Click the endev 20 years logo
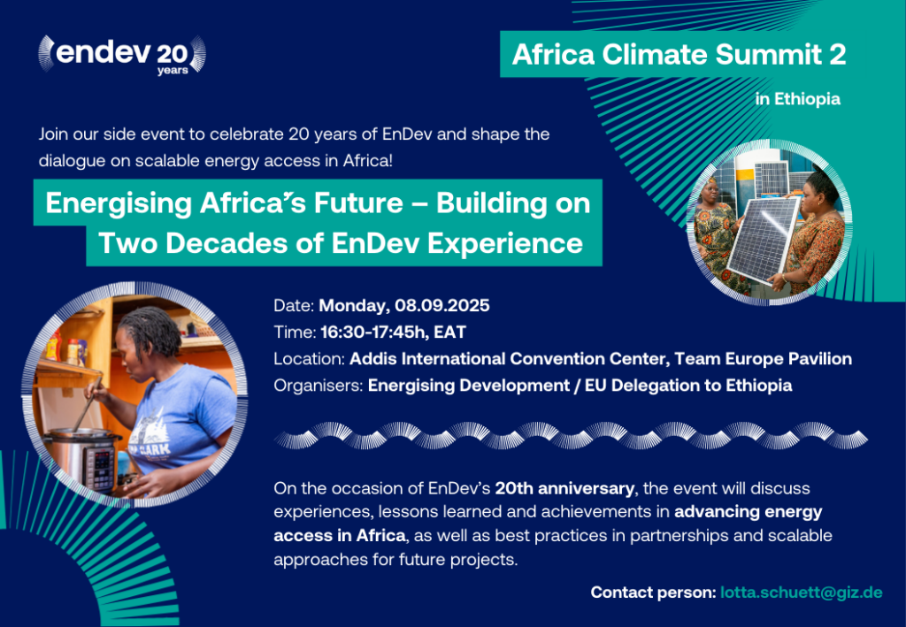pos(122,55)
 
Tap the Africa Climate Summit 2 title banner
pos(679,54)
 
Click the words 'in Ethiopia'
pos(797,99)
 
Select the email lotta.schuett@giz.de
pos(801,593)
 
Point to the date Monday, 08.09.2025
pos(403,305)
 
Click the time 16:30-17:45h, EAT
pos(393,332)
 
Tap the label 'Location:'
pos(309,358)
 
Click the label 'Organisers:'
pos(319,385)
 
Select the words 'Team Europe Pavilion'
pos(764,358)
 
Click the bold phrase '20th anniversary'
pos(564,488)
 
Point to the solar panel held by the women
pos(764,239)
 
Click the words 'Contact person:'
pos(653,593)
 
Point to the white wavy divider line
pos(571,435)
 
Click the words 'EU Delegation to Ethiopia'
pos(688,385)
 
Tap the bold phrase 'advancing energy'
pos(749,512)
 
